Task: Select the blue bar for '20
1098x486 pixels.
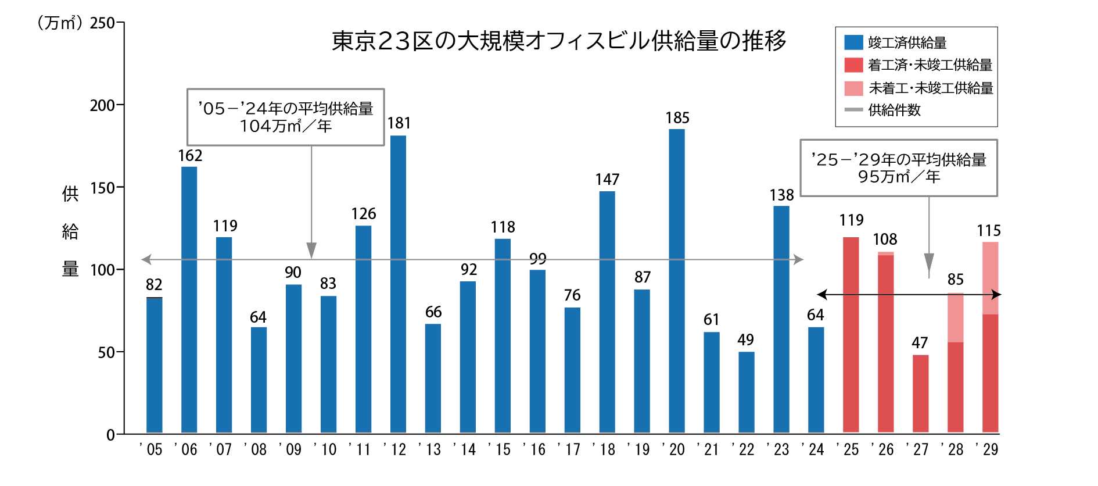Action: [x=677, y=281]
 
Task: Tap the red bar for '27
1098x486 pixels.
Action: [x=920, y=394]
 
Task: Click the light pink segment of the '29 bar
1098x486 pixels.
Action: [x=990, y=278]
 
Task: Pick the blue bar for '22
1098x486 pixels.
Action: [x=747, y=392]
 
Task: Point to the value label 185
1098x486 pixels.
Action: [x=677, y=118]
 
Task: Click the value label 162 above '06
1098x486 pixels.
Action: [x=190, y=155]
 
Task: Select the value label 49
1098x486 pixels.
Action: [x=746, y=340]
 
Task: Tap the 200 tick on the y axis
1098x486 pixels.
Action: [x=103, y=105]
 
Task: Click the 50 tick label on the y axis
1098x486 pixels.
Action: [x=106, y=352]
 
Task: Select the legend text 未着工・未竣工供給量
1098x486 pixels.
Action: [x=930, y=88]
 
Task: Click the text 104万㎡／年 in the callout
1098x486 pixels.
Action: [x=285, y=126]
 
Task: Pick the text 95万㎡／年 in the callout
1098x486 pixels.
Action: [x=899, y=177]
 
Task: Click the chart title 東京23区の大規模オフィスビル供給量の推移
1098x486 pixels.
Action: [x=558, y=41]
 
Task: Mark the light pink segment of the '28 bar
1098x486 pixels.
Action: [x=955, y=317]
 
